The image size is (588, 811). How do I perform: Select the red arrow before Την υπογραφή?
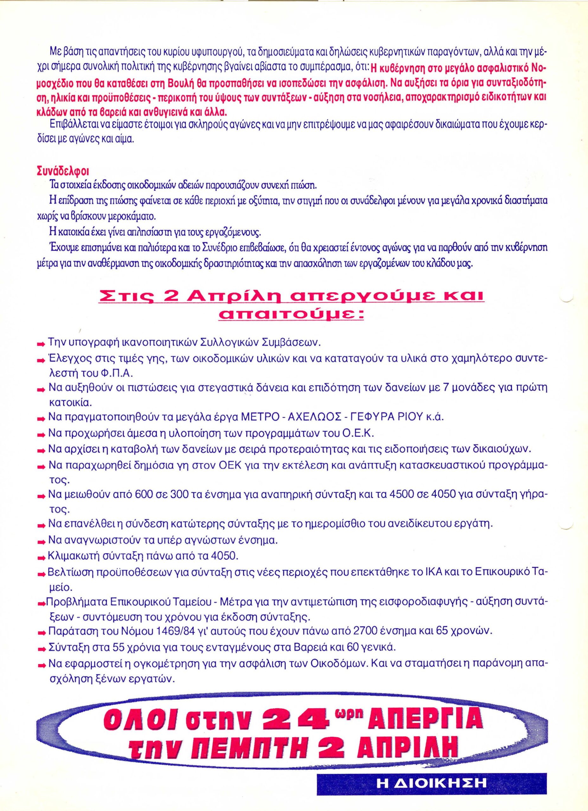[42, 344]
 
